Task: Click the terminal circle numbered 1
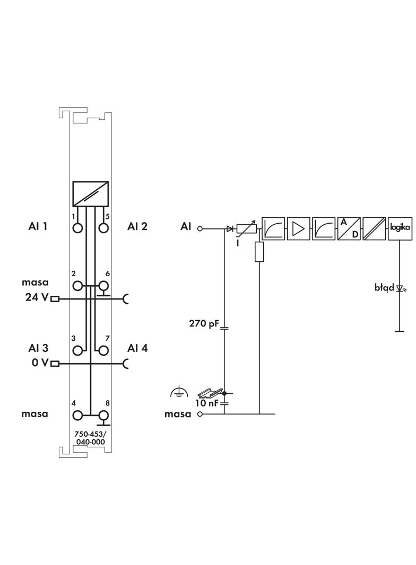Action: [77, 228]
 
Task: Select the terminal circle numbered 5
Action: [103, 228]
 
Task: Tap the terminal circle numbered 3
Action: [77, 350]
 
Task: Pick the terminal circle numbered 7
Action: [103, 350]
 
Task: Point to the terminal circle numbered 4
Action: [77, 415]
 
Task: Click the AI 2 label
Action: [137, 226]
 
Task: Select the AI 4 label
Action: [137, 348]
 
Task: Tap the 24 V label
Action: [37, 297]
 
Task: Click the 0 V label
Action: [40, 363]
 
